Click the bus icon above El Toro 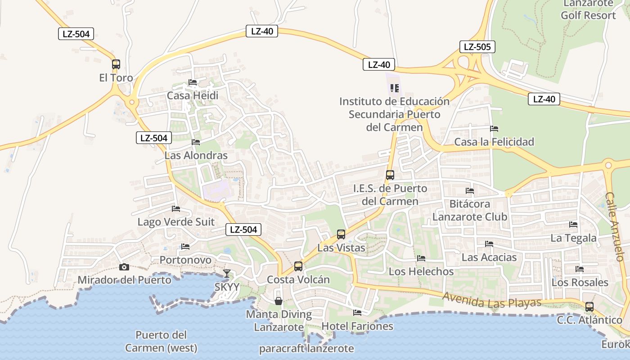pos(116,64)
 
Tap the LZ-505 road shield pos(477,47)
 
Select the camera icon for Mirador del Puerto pos(124,267)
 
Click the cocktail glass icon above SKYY pos(227,273)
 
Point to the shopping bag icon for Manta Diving pos(279,301)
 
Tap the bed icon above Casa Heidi pos(193,82)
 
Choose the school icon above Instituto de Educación pos(395,88)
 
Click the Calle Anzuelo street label pos(615,227)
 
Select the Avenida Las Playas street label pos(492,300)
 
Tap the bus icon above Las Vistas pos(341,234)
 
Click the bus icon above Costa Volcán pos(298,266)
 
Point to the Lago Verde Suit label pos(176,222)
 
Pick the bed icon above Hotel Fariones pos(357,312)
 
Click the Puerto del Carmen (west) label pos(161,342)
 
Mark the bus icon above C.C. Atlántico pos(589,307)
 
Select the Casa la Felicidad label pos(494,142)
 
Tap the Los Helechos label pos(421,271)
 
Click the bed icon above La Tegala pos(573,224)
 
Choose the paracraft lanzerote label pos(306,349)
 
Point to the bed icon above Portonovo pos(185,247)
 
